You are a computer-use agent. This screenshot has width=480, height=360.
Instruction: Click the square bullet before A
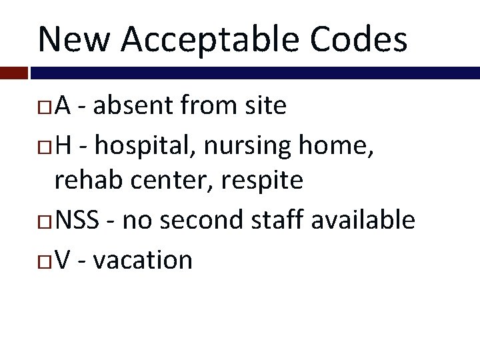coord(47,107)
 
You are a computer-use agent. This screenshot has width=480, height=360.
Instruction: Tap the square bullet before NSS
coord(47,220)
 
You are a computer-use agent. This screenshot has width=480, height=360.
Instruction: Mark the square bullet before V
coord(47,261)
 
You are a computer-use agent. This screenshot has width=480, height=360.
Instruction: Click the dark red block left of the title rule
coord(13,71)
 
